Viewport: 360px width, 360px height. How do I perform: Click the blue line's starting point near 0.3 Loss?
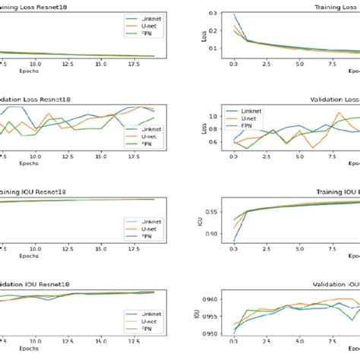[x=234, y=15]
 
